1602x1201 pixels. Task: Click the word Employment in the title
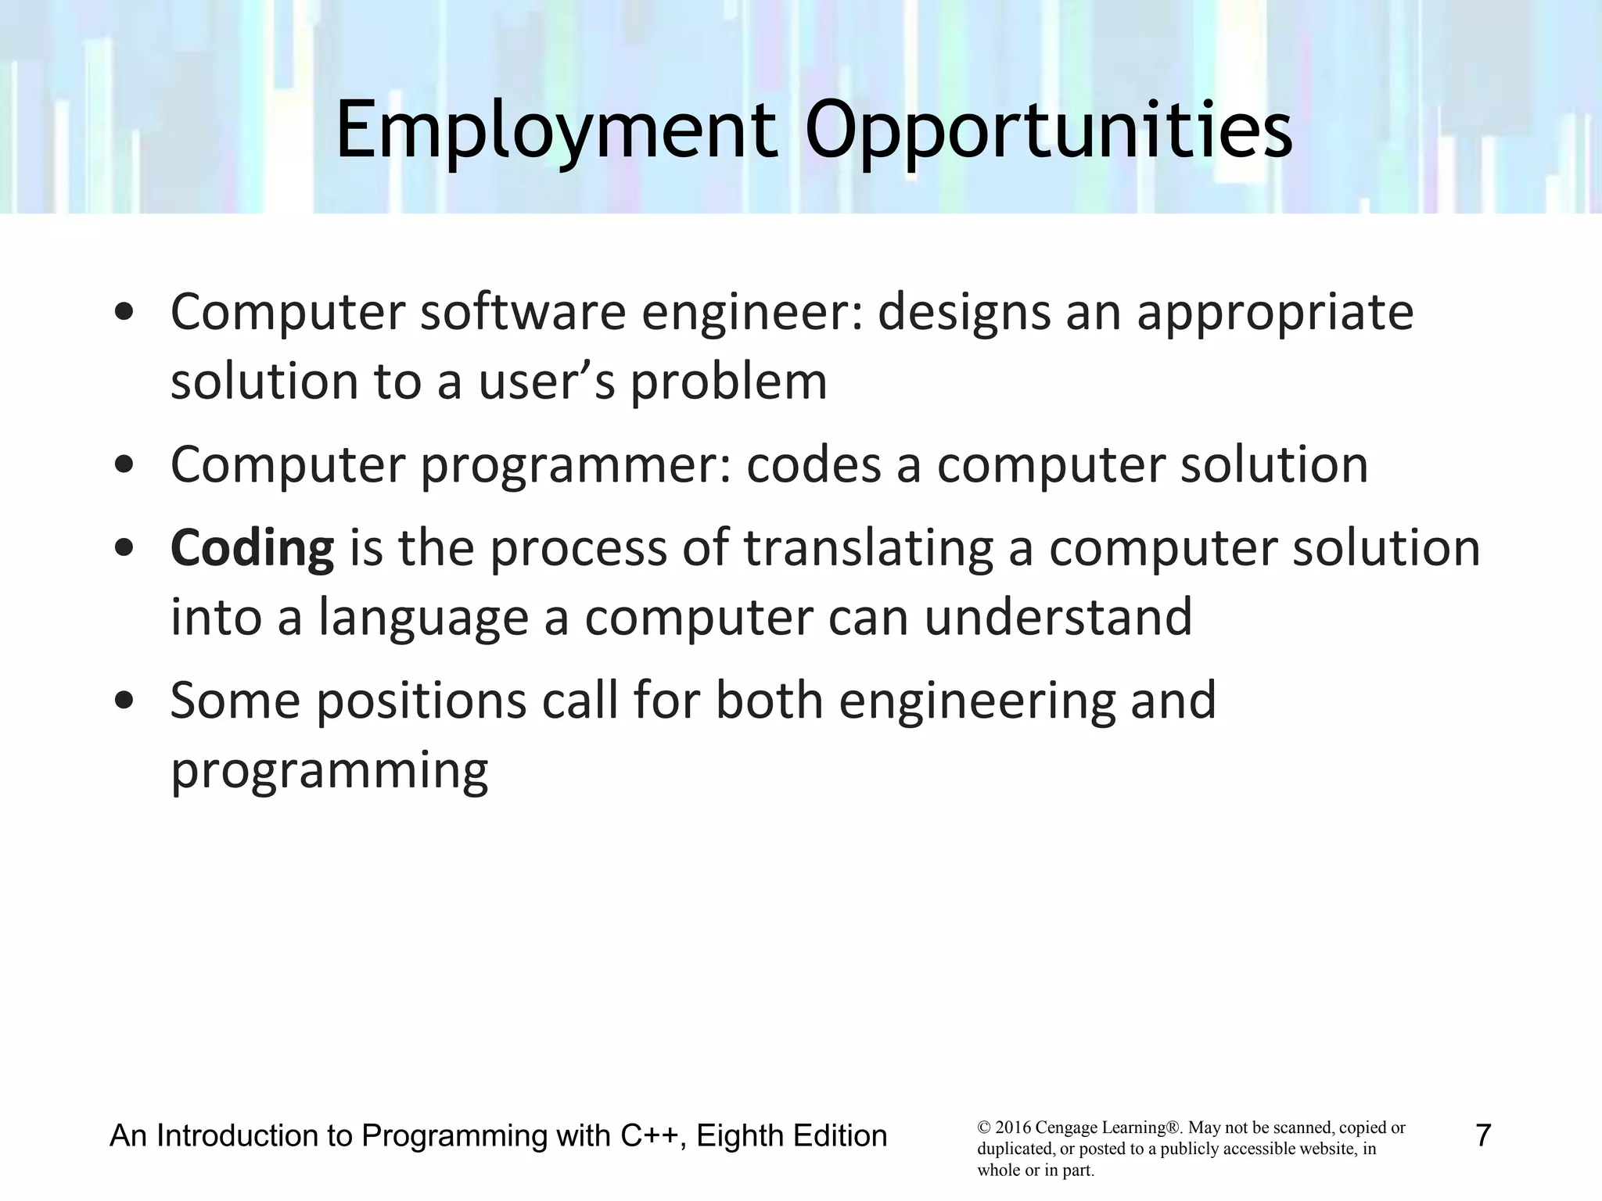tap(556, 131)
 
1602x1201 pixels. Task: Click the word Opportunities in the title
tap(1048, 131)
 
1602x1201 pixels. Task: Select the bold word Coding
tap(252, 549)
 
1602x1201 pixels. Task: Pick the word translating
tap(868, 549)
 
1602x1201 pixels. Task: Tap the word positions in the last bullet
tap(422, 702)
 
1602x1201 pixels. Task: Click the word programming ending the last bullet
tap(329, 773)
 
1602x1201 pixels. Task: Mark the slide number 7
tap(1482, 1135)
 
